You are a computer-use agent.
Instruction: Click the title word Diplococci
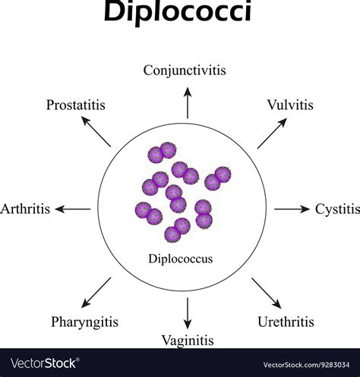pos(180,14)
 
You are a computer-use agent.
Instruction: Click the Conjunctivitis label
pos(185,71)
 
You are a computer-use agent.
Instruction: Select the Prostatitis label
pos(74,104)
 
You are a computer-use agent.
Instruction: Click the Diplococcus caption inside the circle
pos(181,259)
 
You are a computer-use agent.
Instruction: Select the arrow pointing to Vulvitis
pos(270,135)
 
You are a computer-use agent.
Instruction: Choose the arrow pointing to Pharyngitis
pos(97,291)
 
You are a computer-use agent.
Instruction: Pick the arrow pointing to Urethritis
pos(266,291)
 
